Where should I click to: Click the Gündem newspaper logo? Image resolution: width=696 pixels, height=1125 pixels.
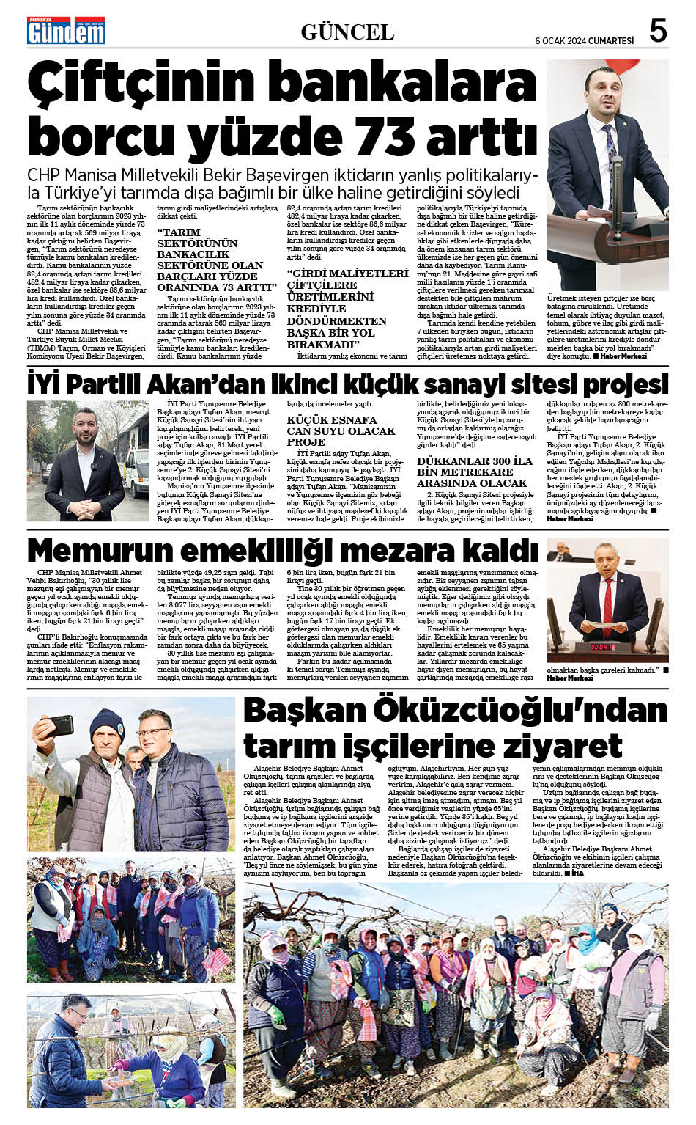point(66,31)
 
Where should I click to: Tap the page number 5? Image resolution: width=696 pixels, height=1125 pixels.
point(658,31)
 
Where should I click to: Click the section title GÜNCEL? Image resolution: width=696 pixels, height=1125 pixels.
point(347,32)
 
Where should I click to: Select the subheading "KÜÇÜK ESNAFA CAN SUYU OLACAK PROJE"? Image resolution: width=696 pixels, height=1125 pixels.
point(341,430)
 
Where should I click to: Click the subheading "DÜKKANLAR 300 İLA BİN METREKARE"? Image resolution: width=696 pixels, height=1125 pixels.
point(474,472)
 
